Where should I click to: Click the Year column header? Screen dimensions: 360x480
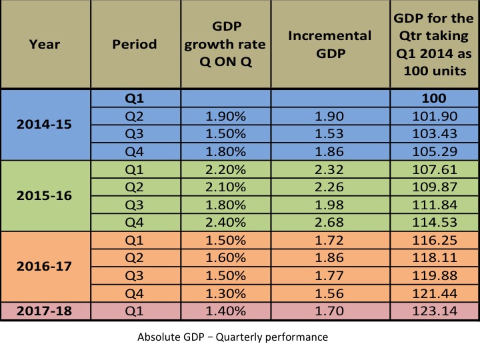click(x=45, y=45)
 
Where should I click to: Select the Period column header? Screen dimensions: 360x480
click(x=135, y=45)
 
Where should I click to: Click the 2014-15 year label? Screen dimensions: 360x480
click(x=45, y=125)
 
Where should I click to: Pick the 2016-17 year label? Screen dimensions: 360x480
click(x=45, y=267)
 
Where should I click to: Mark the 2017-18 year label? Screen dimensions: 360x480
click(x=45, y=310)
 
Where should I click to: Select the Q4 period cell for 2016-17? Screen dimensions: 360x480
click(x=135, y=293)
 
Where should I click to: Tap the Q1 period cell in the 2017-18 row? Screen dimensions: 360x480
click(x=135, y=310)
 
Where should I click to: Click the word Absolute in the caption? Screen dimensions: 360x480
click(x=157, y=337)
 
